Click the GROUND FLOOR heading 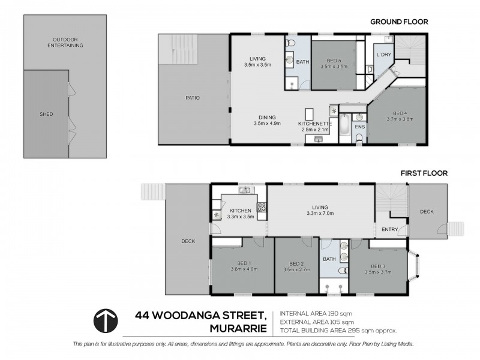pos(398,22)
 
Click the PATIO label pos(193,98)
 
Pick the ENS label pos(359,127)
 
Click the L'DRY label pos(383,55)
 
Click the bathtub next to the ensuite pos(344,127)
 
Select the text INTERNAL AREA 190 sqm pos(315,313)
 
